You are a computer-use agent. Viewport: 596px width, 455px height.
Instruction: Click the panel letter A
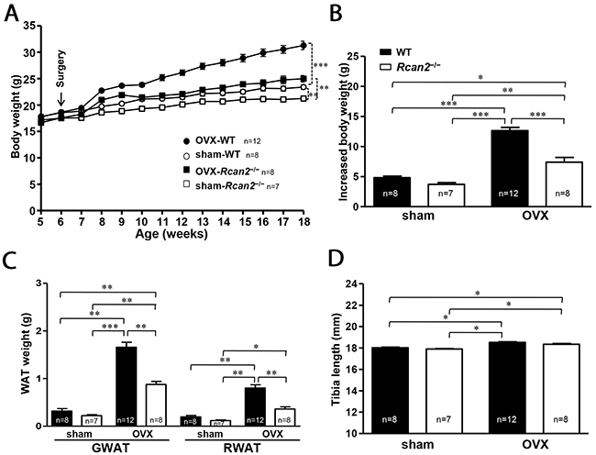tap(12, 13)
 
